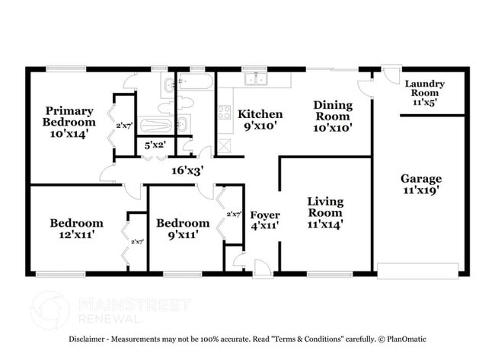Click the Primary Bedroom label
click(69, 122)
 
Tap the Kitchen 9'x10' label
click(260, 120)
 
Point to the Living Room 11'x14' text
click(325, 212)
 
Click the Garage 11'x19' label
click(421, 185)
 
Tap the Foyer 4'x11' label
click(265, 221)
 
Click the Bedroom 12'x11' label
click(76, 229)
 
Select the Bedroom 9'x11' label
click(183, 229)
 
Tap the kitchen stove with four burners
click(225, 113)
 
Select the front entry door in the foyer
click(261, 267)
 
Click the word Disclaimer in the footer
click(91, 339)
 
